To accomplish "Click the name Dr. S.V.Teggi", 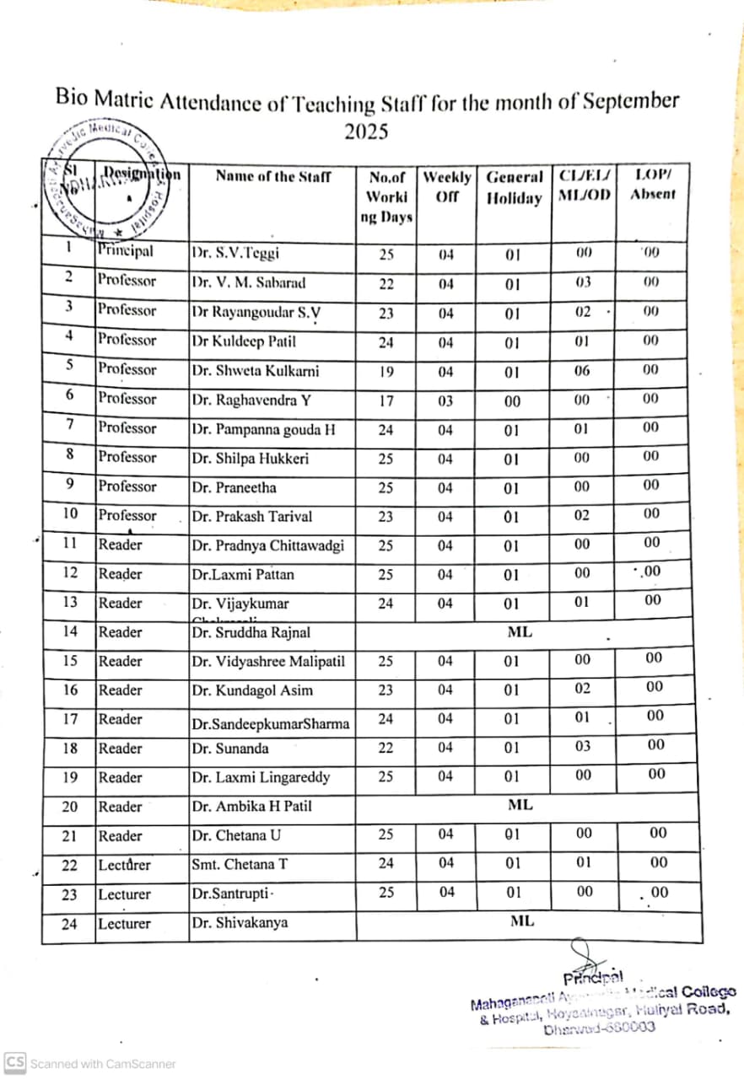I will pos(235,252).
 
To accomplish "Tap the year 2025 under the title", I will pos(366,132).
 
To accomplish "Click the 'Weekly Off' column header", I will pos(446,187).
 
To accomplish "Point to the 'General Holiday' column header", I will pos(515,187).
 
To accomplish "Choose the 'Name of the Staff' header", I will pos(273,176).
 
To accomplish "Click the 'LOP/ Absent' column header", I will pos(653,185).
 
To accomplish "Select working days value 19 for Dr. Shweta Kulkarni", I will pos(385,372).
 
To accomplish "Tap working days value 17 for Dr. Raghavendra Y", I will pos(385,401).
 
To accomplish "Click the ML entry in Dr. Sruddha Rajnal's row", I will pos(520,631).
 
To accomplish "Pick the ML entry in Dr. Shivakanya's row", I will pos(522,921).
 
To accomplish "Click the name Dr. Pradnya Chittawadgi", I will pos(268,545).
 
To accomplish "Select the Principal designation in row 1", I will pos(125,250).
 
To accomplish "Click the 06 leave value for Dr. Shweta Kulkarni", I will pos(583,371).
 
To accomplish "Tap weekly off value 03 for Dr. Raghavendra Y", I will pos(445,400).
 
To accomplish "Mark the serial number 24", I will pos(69,923).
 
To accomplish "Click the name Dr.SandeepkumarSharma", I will pos(270,723).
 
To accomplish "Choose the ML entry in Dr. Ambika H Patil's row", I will pos(520,805).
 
